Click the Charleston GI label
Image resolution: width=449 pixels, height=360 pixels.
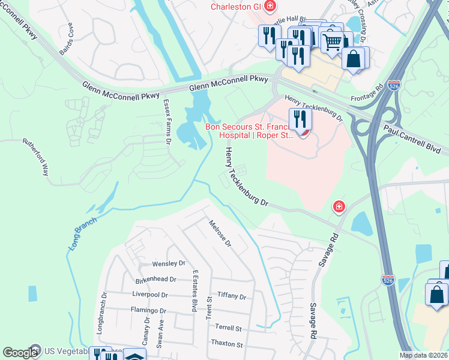237,7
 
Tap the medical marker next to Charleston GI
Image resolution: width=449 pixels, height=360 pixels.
271,6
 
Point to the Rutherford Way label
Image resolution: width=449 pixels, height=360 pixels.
35,157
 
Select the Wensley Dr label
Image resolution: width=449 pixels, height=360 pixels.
169,263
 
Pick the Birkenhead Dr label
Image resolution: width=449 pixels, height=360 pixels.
155,279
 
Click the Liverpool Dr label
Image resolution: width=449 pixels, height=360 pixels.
149,295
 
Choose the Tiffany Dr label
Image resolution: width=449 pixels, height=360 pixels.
232,296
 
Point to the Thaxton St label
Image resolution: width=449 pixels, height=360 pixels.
226,344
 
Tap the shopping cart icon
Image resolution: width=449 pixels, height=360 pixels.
332,41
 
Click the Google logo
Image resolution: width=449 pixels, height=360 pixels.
19,353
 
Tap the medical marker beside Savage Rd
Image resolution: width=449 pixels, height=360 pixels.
339,206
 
